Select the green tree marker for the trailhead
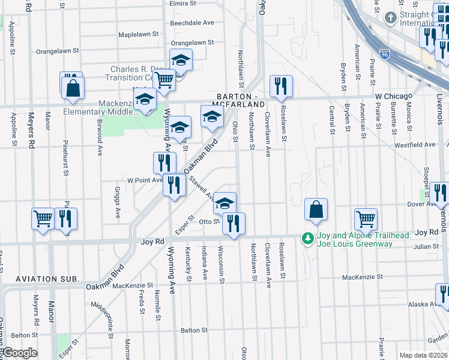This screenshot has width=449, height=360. point(308,239)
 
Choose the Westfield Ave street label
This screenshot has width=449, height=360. point(414,145)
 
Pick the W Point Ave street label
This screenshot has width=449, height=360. point(144,179)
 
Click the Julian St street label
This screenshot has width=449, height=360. point(427,246)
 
